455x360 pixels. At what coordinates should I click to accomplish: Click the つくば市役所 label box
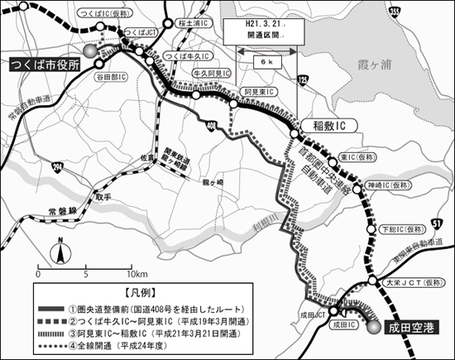pos(43,65)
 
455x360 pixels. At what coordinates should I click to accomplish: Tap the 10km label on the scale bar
pos(137,273)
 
